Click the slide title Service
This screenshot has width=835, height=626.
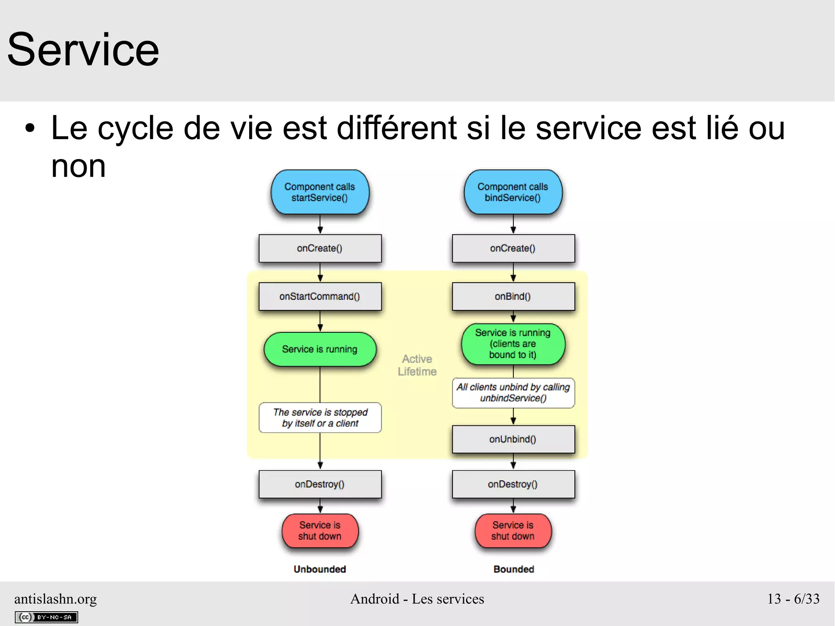click(x=83, y=50)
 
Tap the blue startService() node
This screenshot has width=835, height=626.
click(x=320, y=192)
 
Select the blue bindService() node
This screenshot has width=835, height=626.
click(x=513, y=192)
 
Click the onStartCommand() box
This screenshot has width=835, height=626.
click(x=320, y=296)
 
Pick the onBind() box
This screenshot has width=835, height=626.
click(x=513, y=296)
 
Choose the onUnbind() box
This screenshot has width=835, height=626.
click(x=513, y=439)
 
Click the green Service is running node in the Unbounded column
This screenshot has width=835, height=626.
click(x=320, y=349)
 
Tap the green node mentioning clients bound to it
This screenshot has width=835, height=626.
click(x=513, y=344)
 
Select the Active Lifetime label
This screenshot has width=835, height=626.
click(x=417, y=365)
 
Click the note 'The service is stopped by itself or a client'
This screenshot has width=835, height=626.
click(x=320, y=418)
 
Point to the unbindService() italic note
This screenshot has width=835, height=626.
click(x=513, y=393)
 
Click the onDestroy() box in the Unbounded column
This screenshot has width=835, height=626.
click(x=320, y=484)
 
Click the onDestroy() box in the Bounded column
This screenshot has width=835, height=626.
click(x=513, y=484)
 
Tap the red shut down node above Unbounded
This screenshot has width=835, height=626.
click(x=320, y=531)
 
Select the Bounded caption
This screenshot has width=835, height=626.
click(x=513, y=569)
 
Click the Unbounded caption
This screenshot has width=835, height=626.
click(x=320, y=569)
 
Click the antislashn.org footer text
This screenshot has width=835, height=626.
click(x=55, y=599)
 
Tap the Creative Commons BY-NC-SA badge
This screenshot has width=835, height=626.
click(x=46, y=617)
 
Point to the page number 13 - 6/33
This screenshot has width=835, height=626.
click(x=793, y=599)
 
